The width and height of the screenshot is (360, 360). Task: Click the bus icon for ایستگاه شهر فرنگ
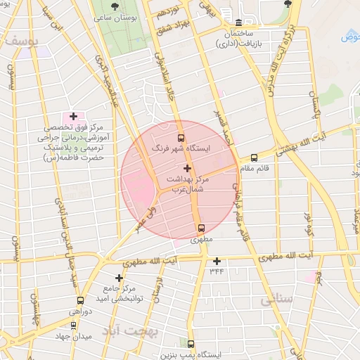(x=181, y=138)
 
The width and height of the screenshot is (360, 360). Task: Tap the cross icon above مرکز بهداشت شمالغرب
(x=186, y=168)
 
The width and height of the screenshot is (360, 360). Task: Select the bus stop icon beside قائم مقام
(x=254, y=157)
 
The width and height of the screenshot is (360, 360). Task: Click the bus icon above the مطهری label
(x=202, y=228)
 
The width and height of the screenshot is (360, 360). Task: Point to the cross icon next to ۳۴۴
(x=217, y=261)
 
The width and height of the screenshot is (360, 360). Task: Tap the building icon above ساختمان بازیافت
(x=239, y=23)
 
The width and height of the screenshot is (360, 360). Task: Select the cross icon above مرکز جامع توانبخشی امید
(x=120, y=278)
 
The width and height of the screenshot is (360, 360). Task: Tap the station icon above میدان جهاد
(x=74, y=325)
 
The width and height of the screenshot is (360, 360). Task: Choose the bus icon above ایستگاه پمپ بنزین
(x=191, y=344)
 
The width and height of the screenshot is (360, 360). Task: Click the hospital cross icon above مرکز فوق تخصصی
(x=73, y=116)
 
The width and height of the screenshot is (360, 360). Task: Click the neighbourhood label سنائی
(x=276, y=300)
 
